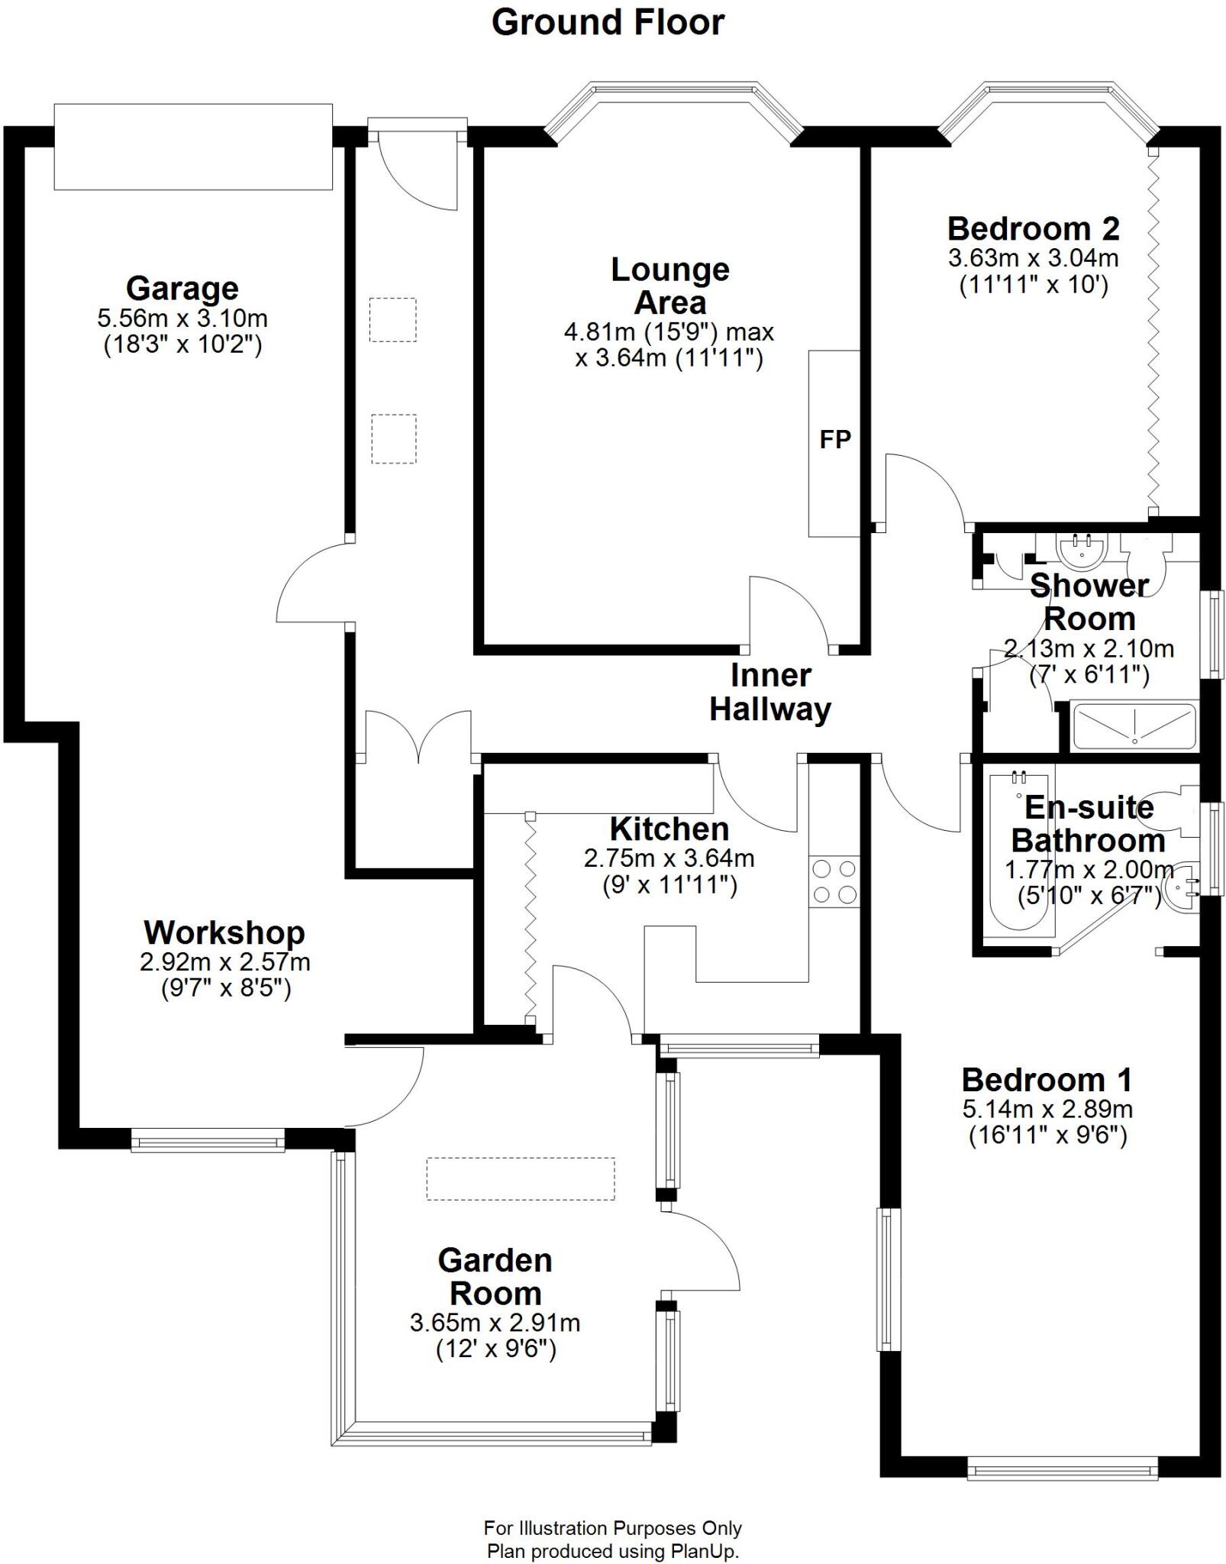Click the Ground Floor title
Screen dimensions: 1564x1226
(608, 23)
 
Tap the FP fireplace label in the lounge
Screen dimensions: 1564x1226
(834, 440)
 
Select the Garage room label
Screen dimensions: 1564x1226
(182, 289)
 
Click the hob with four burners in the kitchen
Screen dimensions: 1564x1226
(834, 881)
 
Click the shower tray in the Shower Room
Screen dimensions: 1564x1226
(1134, 725)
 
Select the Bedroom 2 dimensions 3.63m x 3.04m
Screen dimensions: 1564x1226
(1033, 258)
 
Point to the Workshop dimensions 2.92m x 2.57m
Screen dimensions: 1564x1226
(224, 961)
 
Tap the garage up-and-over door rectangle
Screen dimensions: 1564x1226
(193, 147)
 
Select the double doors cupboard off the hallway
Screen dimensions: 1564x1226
(418, 737)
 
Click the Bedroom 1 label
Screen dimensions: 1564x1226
(1047, 1080)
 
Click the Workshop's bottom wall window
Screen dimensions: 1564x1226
(208, 1142)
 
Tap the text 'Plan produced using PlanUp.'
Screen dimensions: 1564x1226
(613, 1551)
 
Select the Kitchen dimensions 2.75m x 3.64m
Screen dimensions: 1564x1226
(669, 858)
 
